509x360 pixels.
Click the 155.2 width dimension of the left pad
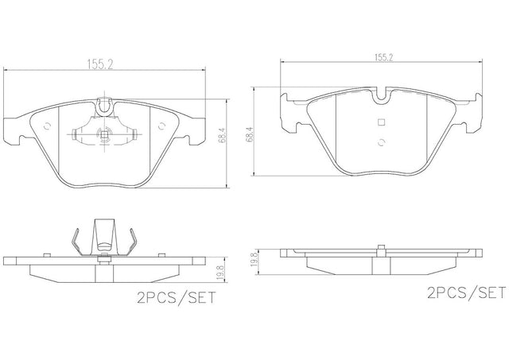pyautogui.click(x=99, y=64)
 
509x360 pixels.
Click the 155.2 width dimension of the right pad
pyautogui.click(x=384, y=57)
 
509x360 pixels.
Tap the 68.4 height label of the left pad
pyautogui.click(x=223, y=136)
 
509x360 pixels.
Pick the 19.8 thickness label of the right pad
pyautogui.click(x=254, y=259)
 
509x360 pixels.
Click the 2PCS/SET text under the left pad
pyautogui.click(x=177, y=298)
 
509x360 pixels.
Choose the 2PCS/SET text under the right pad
pyautogui.click(x=467, y=292)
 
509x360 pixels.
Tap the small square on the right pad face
pyautogui.click(x=382, y=122)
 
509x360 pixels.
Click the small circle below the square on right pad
pyautogui.click(x=382, y=143)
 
